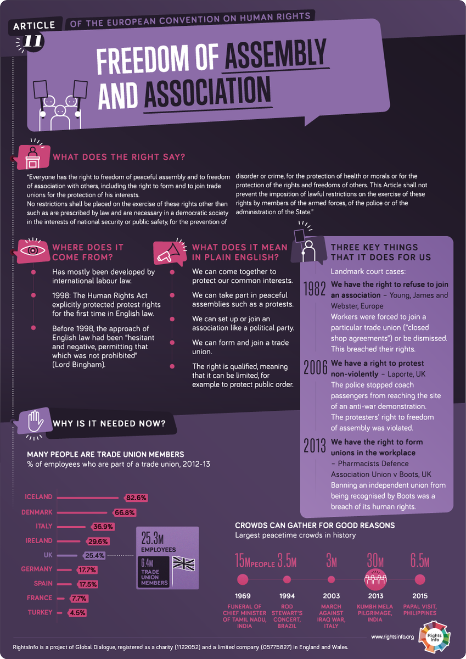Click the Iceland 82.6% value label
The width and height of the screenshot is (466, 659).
[136, 498]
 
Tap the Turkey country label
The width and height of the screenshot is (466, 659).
[40, 612]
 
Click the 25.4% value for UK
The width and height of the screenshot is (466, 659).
[95, 555]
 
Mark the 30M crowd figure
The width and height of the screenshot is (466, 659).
[376, 561]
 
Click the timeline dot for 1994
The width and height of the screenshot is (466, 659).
[287, 579]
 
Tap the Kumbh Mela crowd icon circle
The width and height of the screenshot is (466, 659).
[375, 579]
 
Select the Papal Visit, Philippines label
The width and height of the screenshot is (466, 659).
[420, 609]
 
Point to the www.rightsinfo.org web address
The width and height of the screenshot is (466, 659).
[392, 637]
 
